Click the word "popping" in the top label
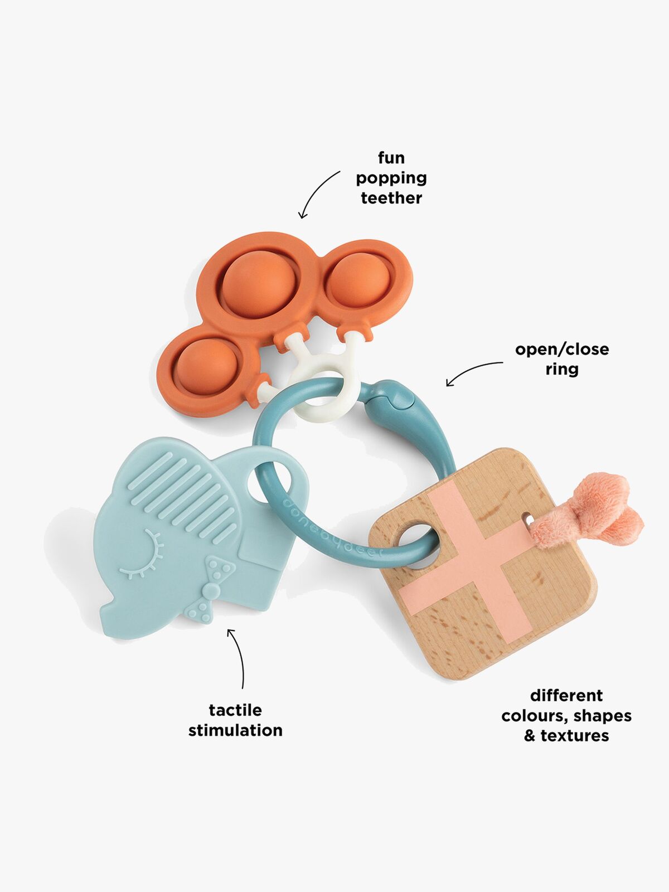(391, 178)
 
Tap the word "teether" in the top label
(391, 198)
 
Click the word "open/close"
(561, 350)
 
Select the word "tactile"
(235, 710)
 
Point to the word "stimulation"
(235, 730)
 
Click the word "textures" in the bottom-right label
(574, 736)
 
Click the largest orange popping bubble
(258, 284)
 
